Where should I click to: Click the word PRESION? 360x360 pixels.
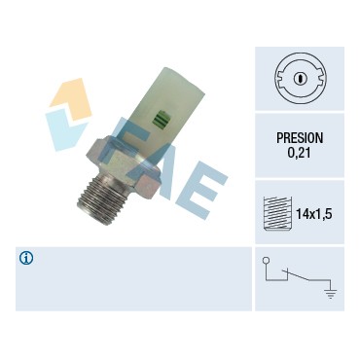pos(300,138)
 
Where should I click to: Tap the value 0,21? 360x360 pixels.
pos(299,153)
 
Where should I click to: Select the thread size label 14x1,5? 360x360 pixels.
pos(313,214)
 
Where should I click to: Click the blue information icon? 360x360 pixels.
pos(26,258)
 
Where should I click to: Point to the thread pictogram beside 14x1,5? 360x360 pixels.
pos(277,213)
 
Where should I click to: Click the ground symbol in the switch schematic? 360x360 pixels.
pos(331,294)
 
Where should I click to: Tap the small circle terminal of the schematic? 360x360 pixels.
pos(266,260)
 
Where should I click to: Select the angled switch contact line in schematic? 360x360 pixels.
pos(297,275)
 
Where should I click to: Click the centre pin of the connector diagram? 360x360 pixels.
pos(300,78)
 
